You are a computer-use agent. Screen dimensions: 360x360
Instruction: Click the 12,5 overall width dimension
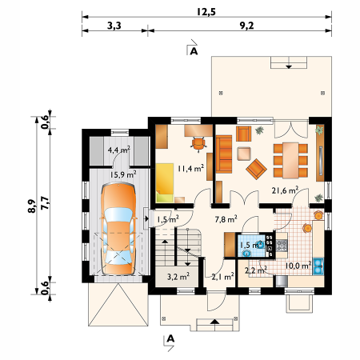tap(206, 12)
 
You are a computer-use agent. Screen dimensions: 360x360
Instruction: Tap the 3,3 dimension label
tap(114, 26)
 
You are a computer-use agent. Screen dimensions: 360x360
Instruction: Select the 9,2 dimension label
tap(246, 26)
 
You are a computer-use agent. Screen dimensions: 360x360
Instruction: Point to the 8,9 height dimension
tap(32, 206)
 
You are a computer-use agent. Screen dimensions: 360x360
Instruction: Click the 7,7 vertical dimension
tap(45, 203)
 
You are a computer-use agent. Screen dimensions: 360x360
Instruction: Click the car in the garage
tap(118, 229)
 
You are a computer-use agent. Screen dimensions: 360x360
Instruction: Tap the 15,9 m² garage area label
tap(123, 174)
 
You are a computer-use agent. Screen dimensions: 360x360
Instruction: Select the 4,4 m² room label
tap(119, 150)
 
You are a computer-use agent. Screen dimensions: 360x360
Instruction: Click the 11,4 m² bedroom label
tap(191, 168)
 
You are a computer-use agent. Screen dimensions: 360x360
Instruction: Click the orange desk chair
tap(198, 144)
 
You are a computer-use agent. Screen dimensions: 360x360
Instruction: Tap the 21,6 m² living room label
tap(285, 190)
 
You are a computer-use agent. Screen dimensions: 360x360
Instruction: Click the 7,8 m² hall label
tap(226, 219)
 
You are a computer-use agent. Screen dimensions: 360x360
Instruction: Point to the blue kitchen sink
tap(318, 266)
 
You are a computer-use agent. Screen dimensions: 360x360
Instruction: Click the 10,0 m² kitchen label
tap(298, 266)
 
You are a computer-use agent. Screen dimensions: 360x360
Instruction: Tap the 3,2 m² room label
tap(178, 277)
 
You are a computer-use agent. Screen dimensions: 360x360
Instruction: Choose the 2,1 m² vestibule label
tap(223, 277)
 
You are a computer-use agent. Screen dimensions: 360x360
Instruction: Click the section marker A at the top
tap(194, 51)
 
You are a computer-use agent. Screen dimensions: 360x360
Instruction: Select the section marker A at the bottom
tap(170, 338)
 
